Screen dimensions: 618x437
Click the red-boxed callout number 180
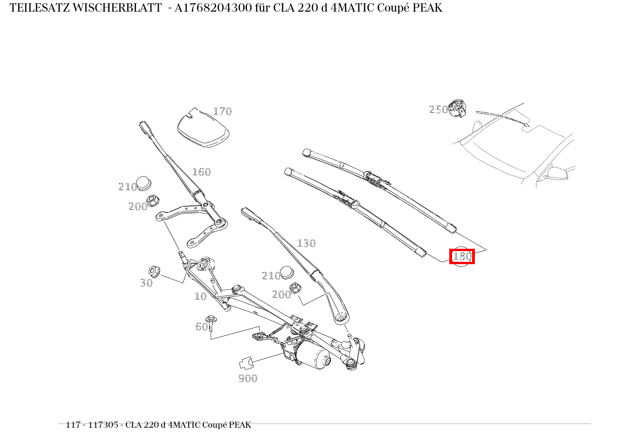(x=462, y=256)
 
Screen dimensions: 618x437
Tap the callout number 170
(x=222, y=111)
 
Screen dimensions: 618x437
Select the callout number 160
(x=201, y=172)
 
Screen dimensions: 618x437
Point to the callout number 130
(x=306, y=243)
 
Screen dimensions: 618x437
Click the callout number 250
(x=439, y=110)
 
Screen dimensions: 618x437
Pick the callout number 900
(x=248, y=378)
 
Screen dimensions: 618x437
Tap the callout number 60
(x=201, y=327)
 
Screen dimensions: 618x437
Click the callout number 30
(x=146, y=283)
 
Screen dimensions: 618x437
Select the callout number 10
(x=200, y=296)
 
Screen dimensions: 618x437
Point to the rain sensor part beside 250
(x=457, y=109)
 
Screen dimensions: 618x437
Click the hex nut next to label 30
(x=154, y=272)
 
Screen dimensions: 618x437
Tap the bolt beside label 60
(x=211, y=323)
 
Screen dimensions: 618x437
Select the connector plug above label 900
(x=246, y=363)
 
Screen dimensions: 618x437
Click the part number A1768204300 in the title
(x=213, y=8)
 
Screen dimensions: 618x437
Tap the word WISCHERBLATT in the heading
(x=117, y=8)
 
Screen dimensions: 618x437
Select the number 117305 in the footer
(x=103, y=425)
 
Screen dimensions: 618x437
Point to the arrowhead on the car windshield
(x=527, y=125)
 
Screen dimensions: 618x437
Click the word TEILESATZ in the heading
(x=40, y=8)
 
